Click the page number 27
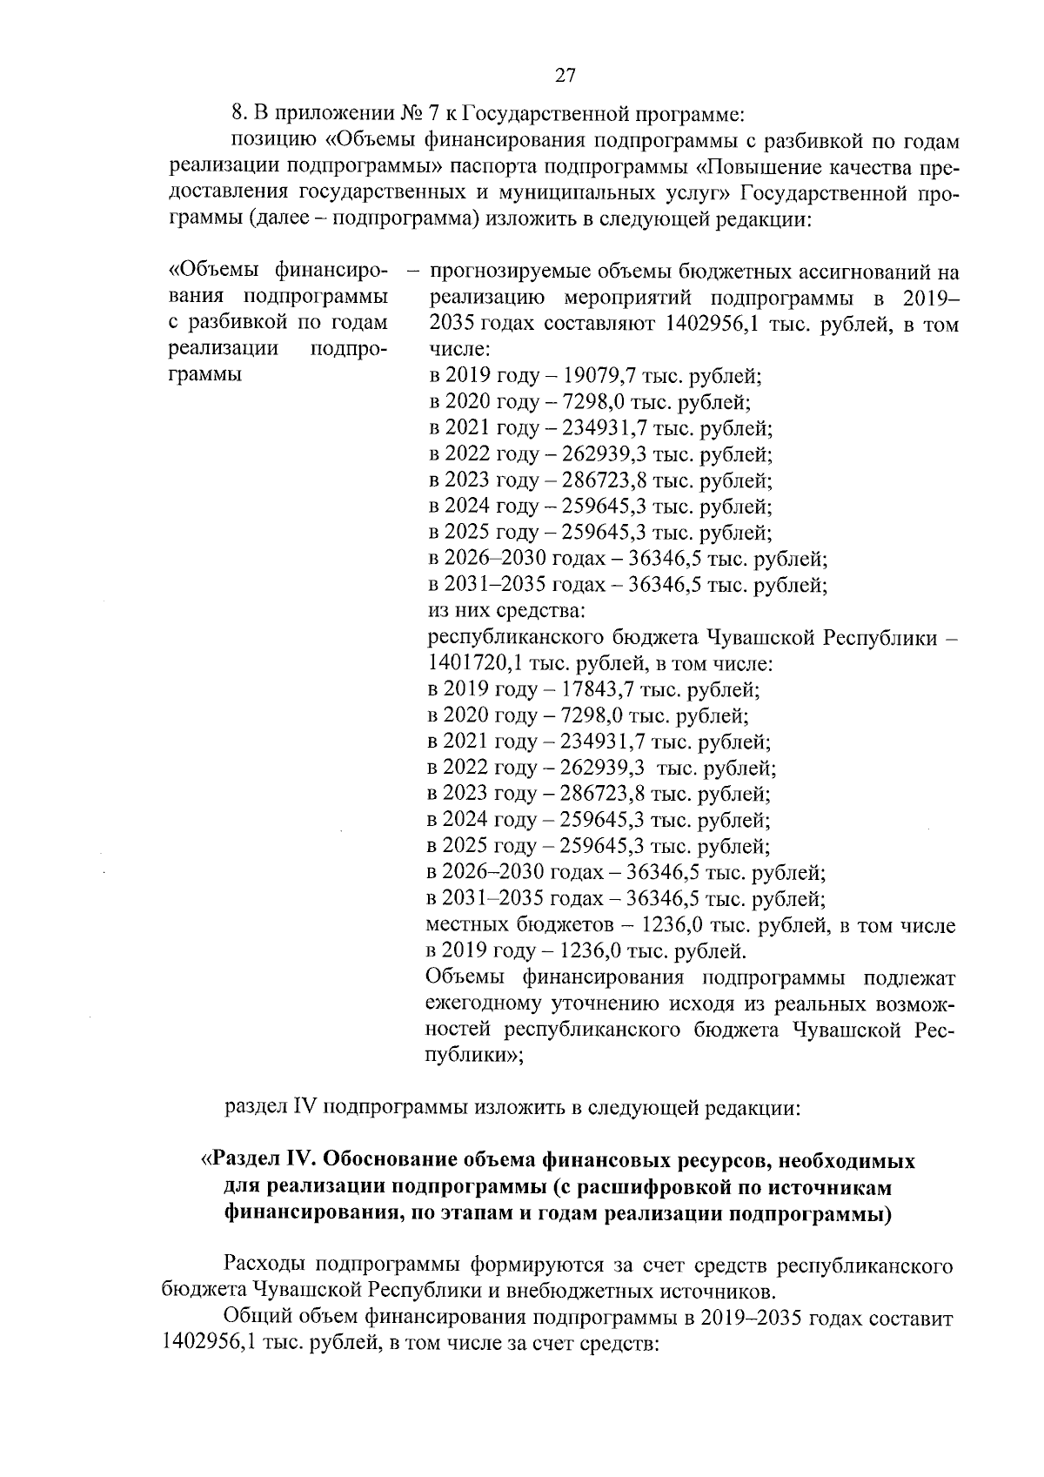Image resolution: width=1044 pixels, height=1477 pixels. (x=565, y=76)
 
